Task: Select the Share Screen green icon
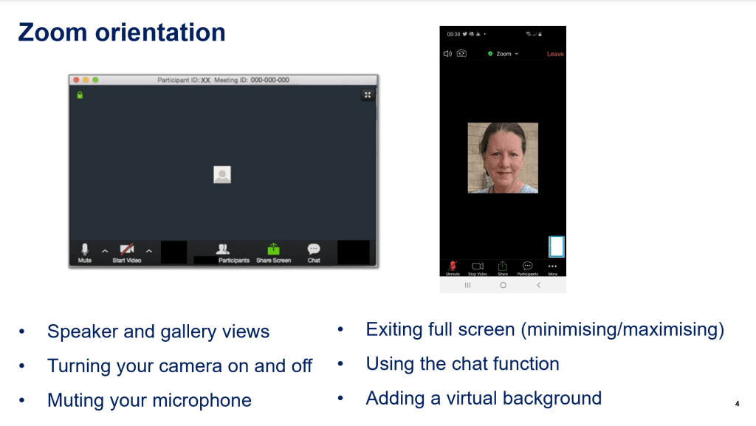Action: coord(273,251)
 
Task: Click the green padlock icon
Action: coord(80,95)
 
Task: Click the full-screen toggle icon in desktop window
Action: coord(367,95)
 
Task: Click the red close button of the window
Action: coord(75,80)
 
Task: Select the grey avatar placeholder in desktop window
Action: coord(222,174)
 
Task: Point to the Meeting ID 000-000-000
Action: coord(269,80)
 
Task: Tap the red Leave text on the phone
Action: coord(554,54)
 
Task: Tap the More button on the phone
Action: coord(552,267)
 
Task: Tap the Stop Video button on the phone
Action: coord(477,267)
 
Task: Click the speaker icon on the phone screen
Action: coord(447,54)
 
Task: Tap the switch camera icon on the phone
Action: coord(461,54)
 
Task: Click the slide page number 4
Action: coord(738,403)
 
